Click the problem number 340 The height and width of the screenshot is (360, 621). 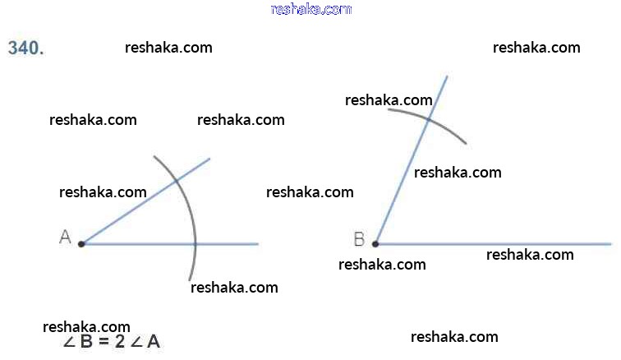(x=25, y=48)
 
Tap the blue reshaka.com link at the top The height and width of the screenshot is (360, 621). (x=310, y=9)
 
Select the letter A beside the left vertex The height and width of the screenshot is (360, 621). (x=65, y=238)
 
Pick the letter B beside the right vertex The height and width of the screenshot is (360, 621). (x=359, y=239)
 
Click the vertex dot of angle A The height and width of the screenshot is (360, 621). (x=81, y=244)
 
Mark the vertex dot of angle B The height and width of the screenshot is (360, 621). (x=375, y=244)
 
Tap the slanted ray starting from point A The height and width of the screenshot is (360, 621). (x=131, y=211)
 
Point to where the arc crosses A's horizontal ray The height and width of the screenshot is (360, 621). (x=195, y=244)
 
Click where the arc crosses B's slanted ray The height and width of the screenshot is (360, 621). (x=429, y=119)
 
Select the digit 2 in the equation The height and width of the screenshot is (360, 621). (x=120, y=342)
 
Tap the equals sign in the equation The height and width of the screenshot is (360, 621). (x=103, y=342)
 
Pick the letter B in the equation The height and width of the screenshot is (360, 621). (x=87, y=342)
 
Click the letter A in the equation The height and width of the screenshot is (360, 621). (x=153, y=342)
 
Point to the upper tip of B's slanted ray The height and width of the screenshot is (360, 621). (x=447, y=76)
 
